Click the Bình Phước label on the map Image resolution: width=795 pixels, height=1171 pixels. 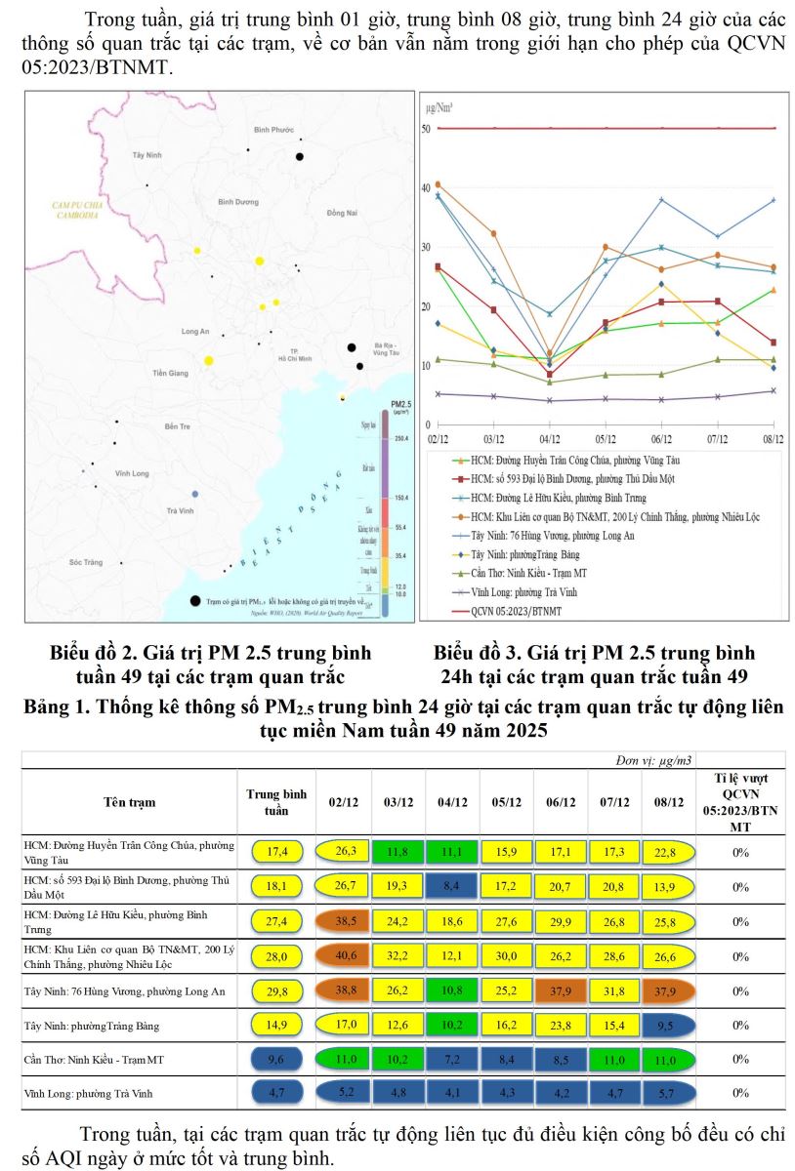click(x=273, y=130)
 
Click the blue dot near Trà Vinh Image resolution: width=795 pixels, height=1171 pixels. click(x=195, y=495)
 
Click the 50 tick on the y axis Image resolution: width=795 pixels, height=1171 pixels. click(x=427, y=128)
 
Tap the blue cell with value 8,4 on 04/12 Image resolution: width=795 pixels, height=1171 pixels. click(x=451, y=886)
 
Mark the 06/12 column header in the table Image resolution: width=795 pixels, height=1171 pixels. click(x=561, y=802)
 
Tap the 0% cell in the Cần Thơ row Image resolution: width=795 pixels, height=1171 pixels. click(x=740, y=1059)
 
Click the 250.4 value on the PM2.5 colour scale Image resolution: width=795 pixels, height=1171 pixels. click(x=401, y=439)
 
